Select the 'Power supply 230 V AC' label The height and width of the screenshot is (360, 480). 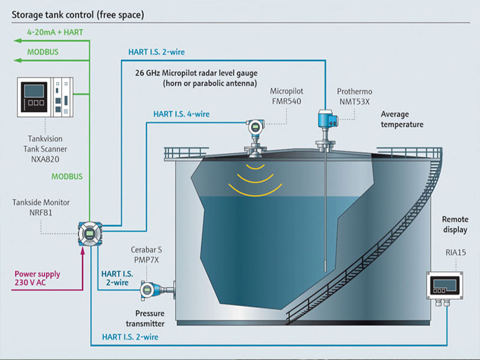click(37, 278)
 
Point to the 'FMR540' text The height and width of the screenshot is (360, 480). click(285, 101)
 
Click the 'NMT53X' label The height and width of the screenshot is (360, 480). click(355, 101)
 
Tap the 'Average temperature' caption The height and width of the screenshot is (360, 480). click(402, 119)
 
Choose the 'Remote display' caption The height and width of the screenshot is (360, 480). click(455, 225)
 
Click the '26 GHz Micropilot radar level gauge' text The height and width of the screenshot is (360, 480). click(197, 73)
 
